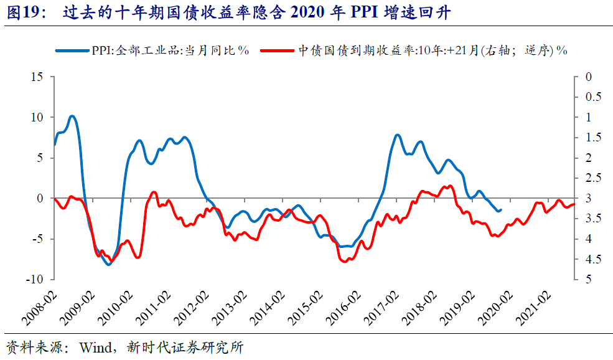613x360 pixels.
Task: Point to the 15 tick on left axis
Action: [38, 77]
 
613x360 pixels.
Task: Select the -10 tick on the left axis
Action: [35, 280]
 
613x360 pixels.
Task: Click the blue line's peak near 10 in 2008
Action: [72, 116]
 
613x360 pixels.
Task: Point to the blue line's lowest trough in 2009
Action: [109, 265]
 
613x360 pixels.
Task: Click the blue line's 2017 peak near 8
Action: [397, 135]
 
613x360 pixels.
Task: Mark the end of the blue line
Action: [500, 210]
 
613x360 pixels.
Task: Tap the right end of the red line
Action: [574, 204]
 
